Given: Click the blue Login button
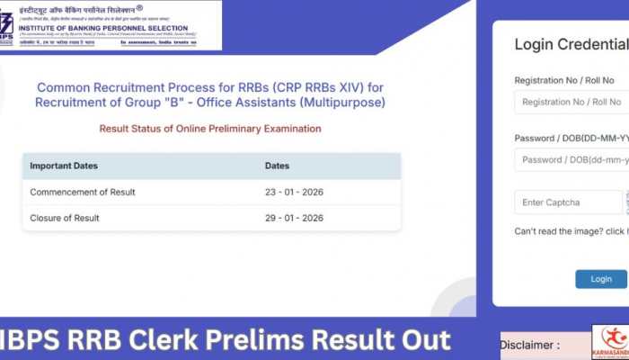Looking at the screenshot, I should point(601,279).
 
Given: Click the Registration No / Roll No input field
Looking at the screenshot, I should point(571,102).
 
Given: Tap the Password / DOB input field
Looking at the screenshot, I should point(571,159).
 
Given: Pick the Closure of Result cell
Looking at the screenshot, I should point(65,218).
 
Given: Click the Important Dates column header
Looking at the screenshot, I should point(64,166).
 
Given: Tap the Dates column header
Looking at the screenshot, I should point(278,166).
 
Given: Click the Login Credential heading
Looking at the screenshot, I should point(571,44).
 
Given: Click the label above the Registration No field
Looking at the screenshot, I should point(564,80).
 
